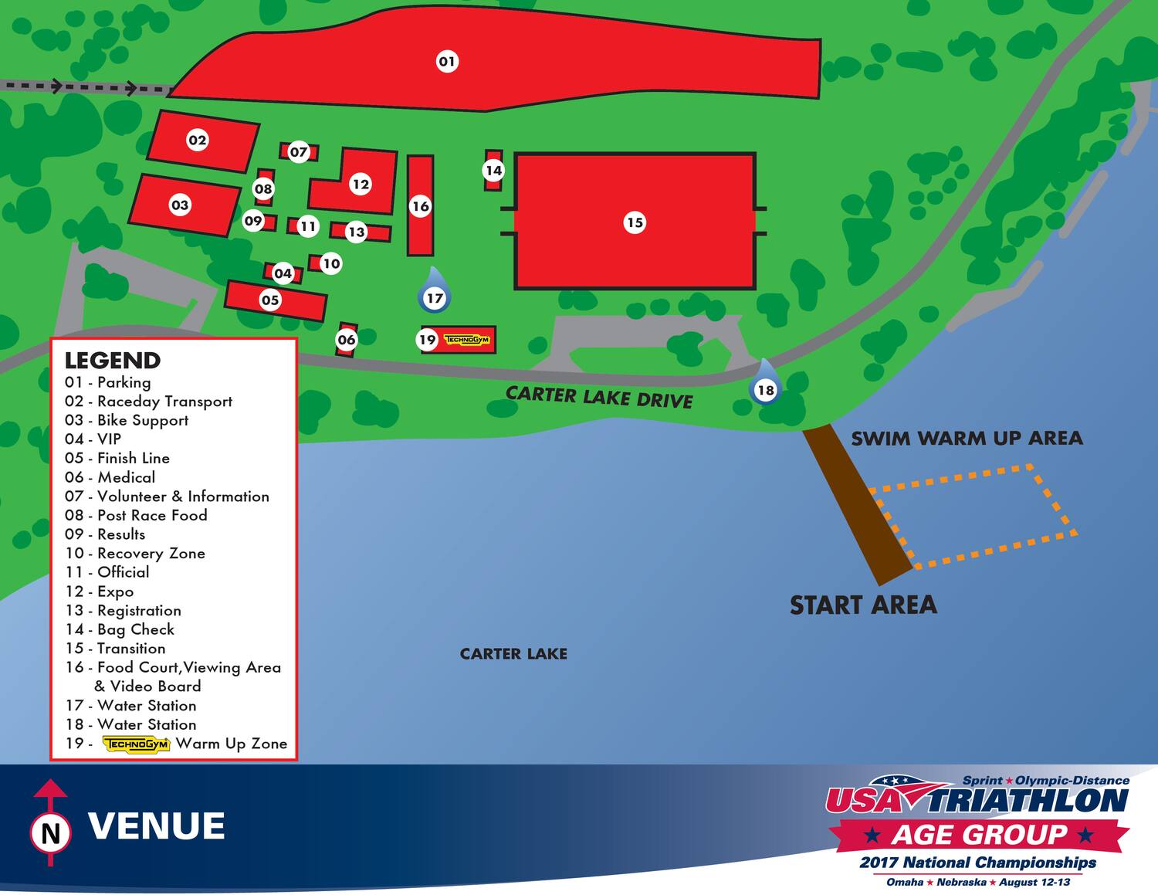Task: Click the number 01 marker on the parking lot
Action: pos(447,61)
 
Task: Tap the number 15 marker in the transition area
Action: pos(634,222)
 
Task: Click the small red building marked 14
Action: pos(493,171)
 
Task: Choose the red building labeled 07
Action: pos(299,152)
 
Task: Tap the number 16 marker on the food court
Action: pos(420,206)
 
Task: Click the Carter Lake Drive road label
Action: pos(599,397)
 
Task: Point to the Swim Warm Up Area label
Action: pos(967,439)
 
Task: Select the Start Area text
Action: pos(863,605)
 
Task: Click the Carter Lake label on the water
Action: pos(513,654)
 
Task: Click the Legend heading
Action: pos(113,361)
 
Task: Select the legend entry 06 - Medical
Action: pos(110,477)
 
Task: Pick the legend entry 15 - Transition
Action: pos(116,649)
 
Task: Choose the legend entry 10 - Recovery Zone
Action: pos(135,554)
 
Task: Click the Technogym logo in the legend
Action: pos(137,744)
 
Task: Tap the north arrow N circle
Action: pos(51,833)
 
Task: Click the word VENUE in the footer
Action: pos(157,826)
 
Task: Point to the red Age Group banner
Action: pos(979,835)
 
